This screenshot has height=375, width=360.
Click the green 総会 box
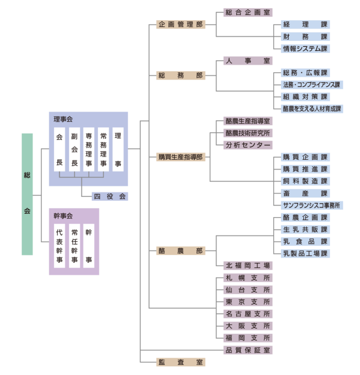(x=27, y=194)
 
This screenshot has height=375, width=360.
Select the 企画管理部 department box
(x=180, y=24)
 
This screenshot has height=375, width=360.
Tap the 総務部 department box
(x=180, y=75)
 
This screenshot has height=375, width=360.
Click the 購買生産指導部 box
(x=180, y=157)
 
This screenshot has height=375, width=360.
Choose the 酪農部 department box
(x=180, y=251)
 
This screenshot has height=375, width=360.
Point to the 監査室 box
(x=180, y=362)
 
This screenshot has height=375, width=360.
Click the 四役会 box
(x=110, y=196)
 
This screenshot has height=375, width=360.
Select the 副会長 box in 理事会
(x=74, y=149)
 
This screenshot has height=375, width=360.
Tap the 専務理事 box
(x=89, y=149)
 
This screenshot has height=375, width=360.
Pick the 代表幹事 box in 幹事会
(x=60, y=246)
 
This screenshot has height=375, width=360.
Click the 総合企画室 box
(x=247, y=13)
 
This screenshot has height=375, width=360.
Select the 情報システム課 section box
(x=305, y=49)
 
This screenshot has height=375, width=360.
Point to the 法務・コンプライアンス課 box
(x=312, y=85)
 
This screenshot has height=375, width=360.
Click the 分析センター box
(x=247, y=145)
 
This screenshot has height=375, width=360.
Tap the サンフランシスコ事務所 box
(x=312, y=205)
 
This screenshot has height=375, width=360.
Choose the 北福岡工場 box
(x=247, y=266)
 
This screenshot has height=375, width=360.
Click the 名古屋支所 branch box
(x=247, y=314)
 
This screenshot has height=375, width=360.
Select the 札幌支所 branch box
(x=247, y=277)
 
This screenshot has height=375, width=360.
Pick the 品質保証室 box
(x=247, y=350)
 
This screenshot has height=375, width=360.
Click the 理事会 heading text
(x=63, y=120)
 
